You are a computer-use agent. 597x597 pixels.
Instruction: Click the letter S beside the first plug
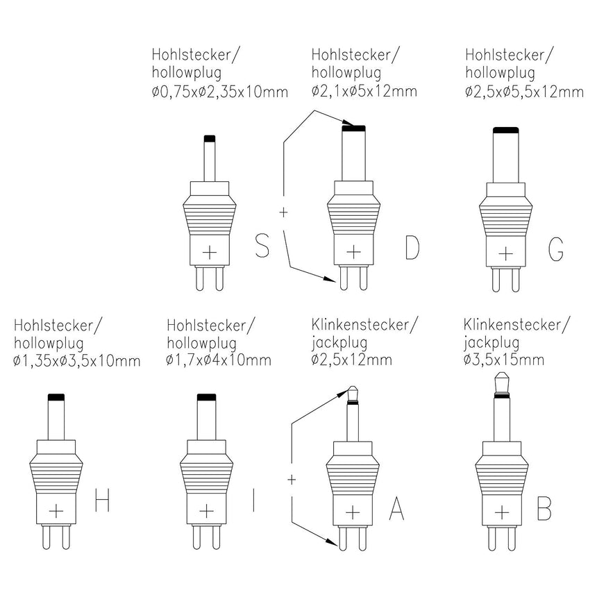tap(262, 246)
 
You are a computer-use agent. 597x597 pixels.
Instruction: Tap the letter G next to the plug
tap(555, 248)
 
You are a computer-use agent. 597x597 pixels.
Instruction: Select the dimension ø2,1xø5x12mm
tap(364, 91)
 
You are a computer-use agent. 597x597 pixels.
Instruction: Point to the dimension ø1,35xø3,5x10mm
tap(77, 362)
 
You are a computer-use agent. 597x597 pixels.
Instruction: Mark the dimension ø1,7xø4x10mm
tap(219, 360)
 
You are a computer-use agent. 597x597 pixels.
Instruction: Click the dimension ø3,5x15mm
tap(503, 360)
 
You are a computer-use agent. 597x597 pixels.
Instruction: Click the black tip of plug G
tap(507, 130)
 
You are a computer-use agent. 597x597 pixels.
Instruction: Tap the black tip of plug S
tap(210, 138)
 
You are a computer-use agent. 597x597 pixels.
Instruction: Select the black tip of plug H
tap(56, 396)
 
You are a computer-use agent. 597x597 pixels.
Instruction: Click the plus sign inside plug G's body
tap(507, 251)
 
